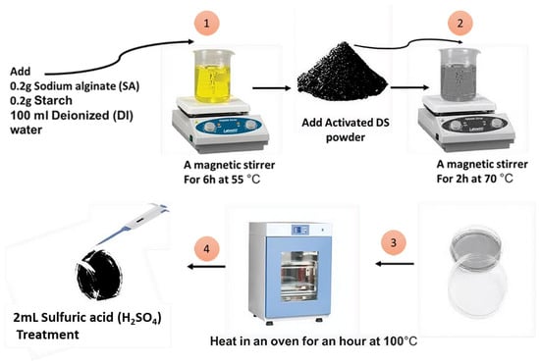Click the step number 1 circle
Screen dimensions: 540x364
click(206, 23)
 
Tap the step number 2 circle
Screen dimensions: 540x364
click(460, 23)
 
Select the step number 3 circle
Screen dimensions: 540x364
click(394, 243)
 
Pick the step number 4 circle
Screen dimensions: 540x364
click(206, 248)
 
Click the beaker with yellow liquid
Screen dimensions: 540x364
click(213, 77)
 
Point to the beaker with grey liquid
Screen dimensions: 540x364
click(459, 75)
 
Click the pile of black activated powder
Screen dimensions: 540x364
click(343, 73)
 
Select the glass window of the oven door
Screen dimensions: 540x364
click(298, 277)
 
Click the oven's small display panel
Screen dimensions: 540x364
click(300, 230)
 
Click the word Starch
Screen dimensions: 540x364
click(53, 100)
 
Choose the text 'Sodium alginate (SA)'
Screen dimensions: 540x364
click(86, 86)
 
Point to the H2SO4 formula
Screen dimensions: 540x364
click(139, 318)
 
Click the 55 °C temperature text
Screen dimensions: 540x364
click(245, 180)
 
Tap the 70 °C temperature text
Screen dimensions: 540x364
click(499, 179)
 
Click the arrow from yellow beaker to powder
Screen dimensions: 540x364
click(272, 88)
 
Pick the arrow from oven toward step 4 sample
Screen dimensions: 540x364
click(206, 266)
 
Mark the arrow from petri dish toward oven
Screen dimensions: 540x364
click(395, 264)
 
